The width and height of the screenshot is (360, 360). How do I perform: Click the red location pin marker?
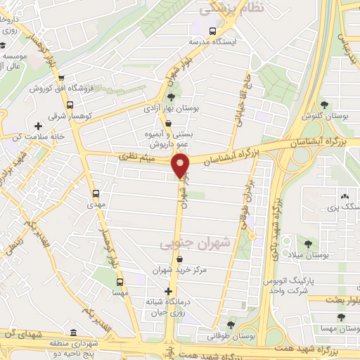click(181, 166)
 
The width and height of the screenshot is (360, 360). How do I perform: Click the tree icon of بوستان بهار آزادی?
click(172, 97)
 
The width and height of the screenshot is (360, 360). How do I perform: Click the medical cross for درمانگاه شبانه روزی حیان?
click(167, 291)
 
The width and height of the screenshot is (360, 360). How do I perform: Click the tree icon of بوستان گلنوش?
click(323, 104)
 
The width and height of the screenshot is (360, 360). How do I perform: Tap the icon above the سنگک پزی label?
click(345, 196)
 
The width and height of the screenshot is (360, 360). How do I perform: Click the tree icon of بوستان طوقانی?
click(230, 325)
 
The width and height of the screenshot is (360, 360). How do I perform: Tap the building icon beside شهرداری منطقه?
click(76, 331)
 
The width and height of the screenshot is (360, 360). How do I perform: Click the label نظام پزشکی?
click(231, 9)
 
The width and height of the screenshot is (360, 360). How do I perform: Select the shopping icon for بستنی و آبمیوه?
click(166, 124)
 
